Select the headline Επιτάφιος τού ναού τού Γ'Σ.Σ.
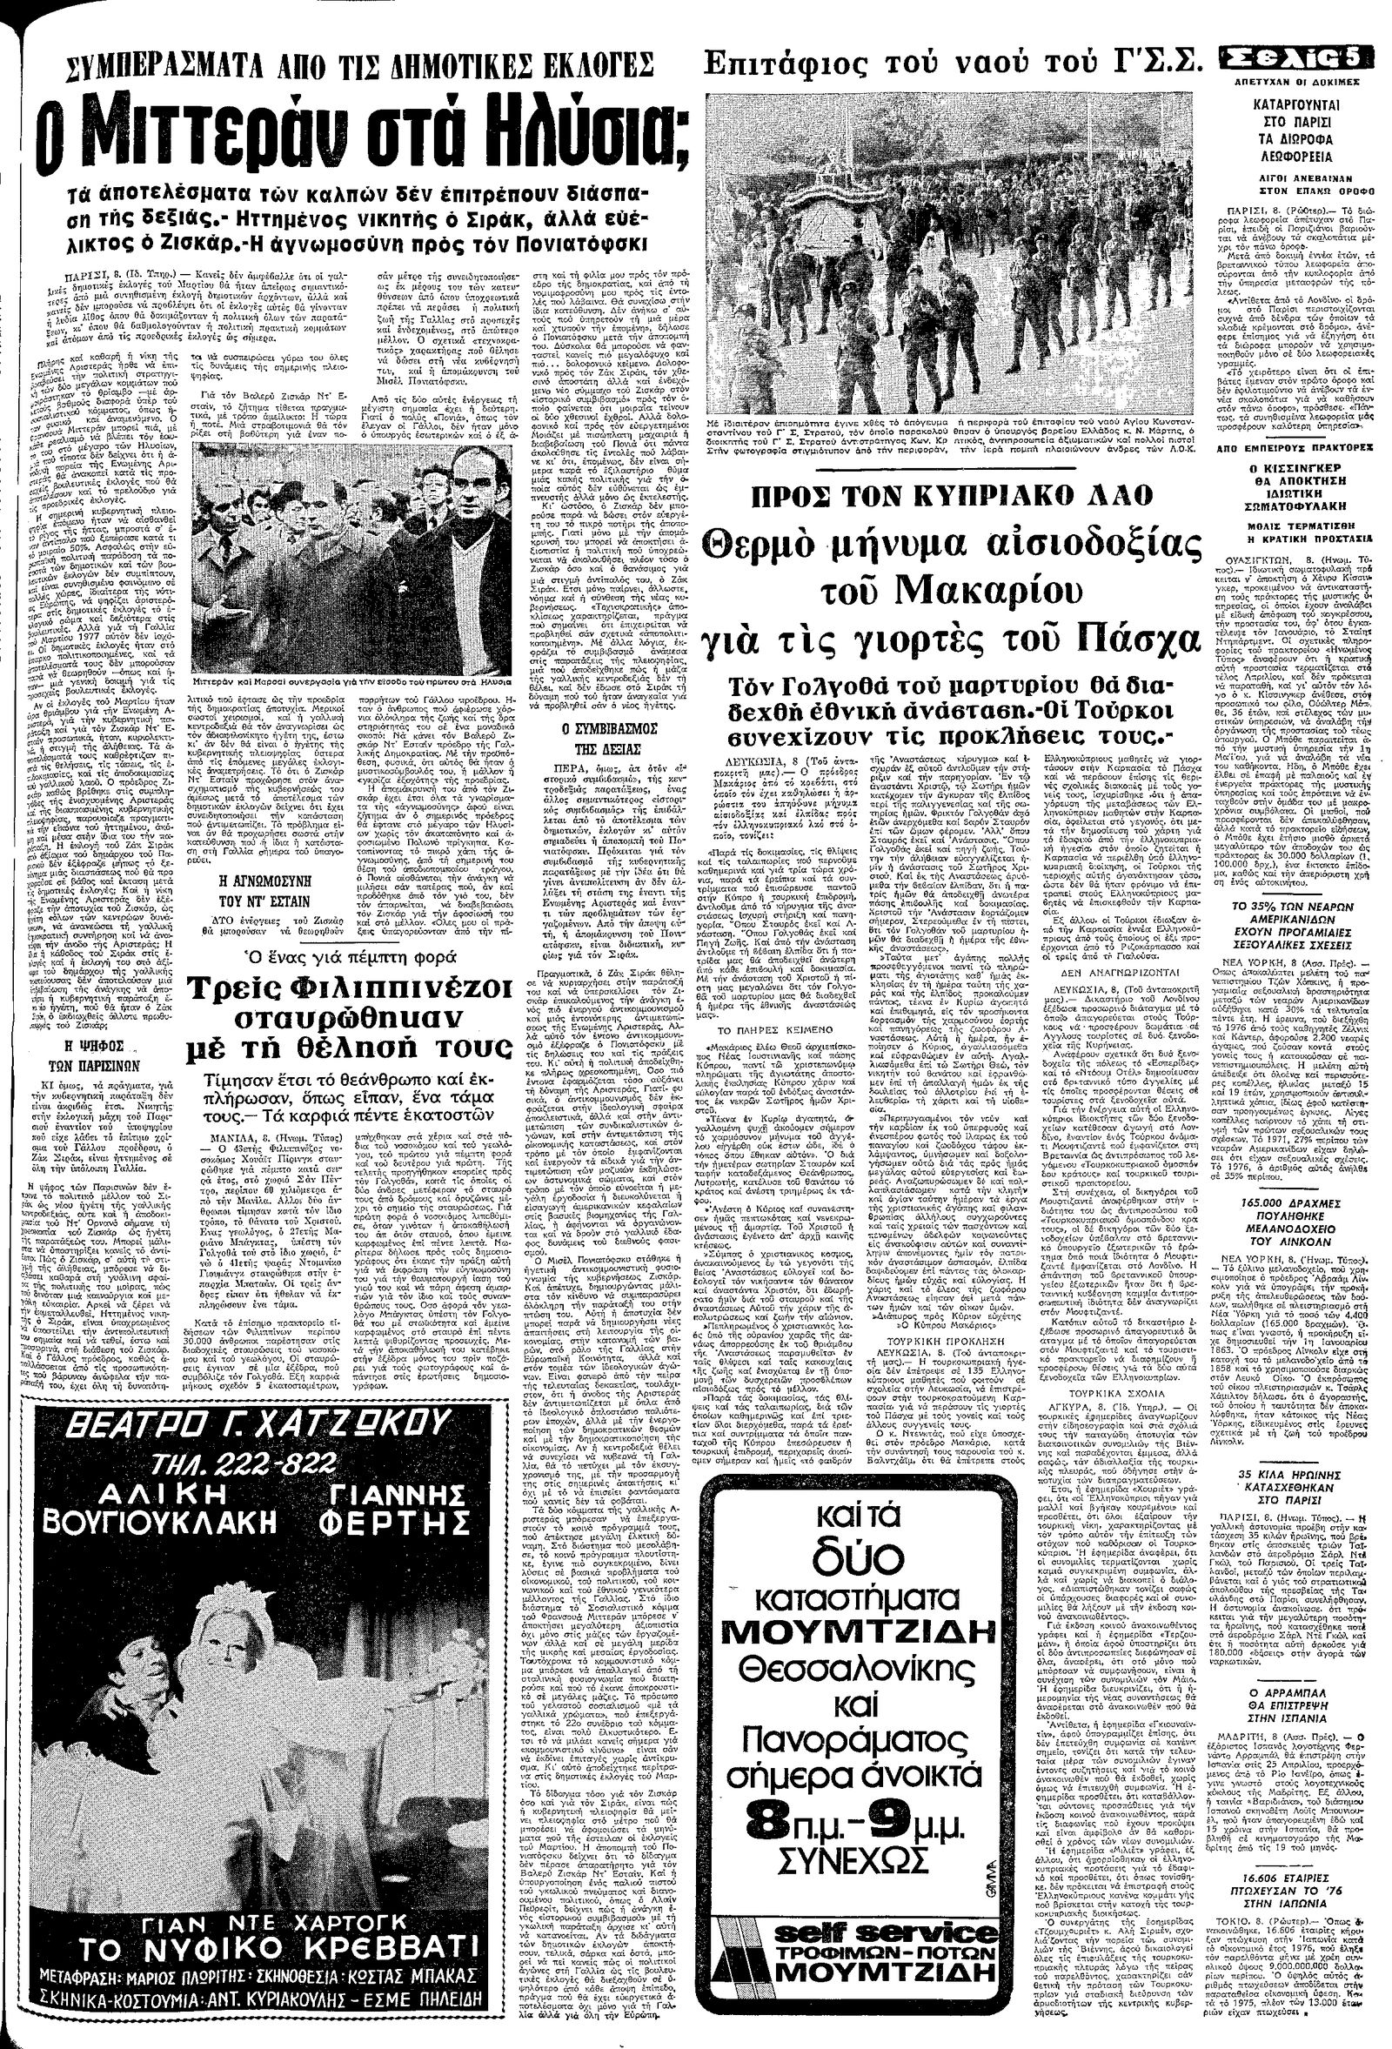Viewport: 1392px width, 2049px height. [954, 64]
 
